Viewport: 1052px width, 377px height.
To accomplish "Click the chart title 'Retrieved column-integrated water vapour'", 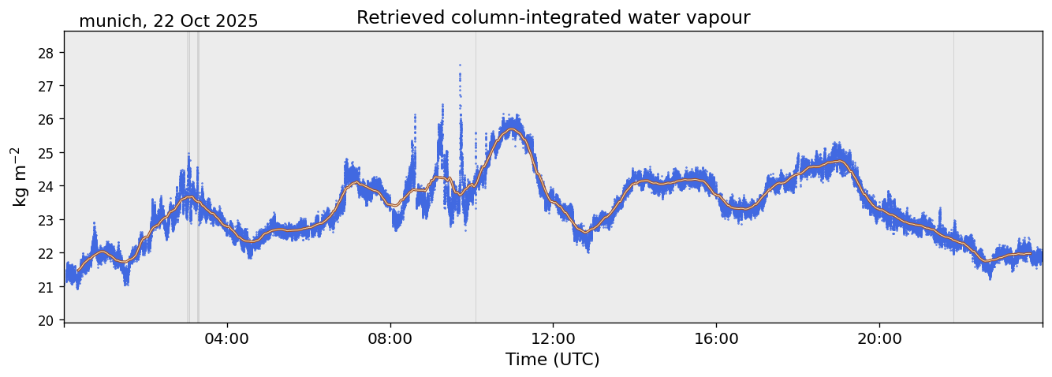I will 553,17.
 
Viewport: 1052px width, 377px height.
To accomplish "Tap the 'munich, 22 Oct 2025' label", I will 168,21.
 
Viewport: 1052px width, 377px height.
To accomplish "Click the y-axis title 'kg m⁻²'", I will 20,176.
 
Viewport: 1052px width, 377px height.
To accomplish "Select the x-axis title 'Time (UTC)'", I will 552,360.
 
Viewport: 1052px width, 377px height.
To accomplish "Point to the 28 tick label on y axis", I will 47,53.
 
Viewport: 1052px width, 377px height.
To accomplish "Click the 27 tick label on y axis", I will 47,86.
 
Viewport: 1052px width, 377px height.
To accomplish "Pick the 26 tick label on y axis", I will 47,119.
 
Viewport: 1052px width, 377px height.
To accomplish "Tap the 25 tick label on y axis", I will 47,153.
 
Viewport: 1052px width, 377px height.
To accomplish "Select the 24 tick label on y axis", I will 47,186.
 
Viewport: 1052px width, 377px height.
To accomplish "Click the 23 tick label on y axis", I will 47,220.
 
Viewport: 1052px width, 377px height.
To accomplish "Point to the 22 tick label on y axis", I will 47,253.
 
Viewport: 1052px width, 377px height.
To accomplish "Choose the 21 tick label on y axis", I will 47,287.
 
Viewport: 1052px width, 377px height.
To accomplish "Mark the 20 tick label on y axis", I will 47,320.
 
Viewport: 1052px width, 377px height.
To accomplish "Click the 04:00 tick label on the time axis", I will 227,338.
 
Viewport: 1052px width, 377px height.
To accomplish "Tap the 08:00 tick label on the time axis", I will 390,338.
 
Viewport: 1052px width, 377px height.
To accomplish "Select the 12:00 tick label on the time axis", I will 553,338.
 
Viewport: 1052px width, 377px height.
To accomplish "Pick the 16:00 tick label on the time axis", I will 716,338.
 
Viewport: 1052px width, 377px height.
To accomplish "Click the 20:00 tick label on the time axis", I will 879,338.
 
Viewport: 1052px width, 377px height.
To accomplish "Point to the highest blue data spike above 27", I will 460,65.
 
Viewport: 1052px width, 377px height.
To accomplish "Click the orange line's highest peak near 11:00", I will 512,129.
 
